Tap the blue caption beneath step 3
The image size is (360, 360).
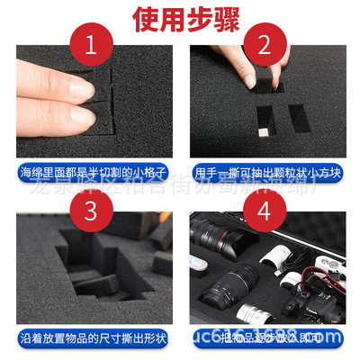pyautogui.click(x=94, y=337)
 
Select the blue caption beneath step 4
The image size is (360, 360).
pyautogui.click(x=268, y=337)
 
